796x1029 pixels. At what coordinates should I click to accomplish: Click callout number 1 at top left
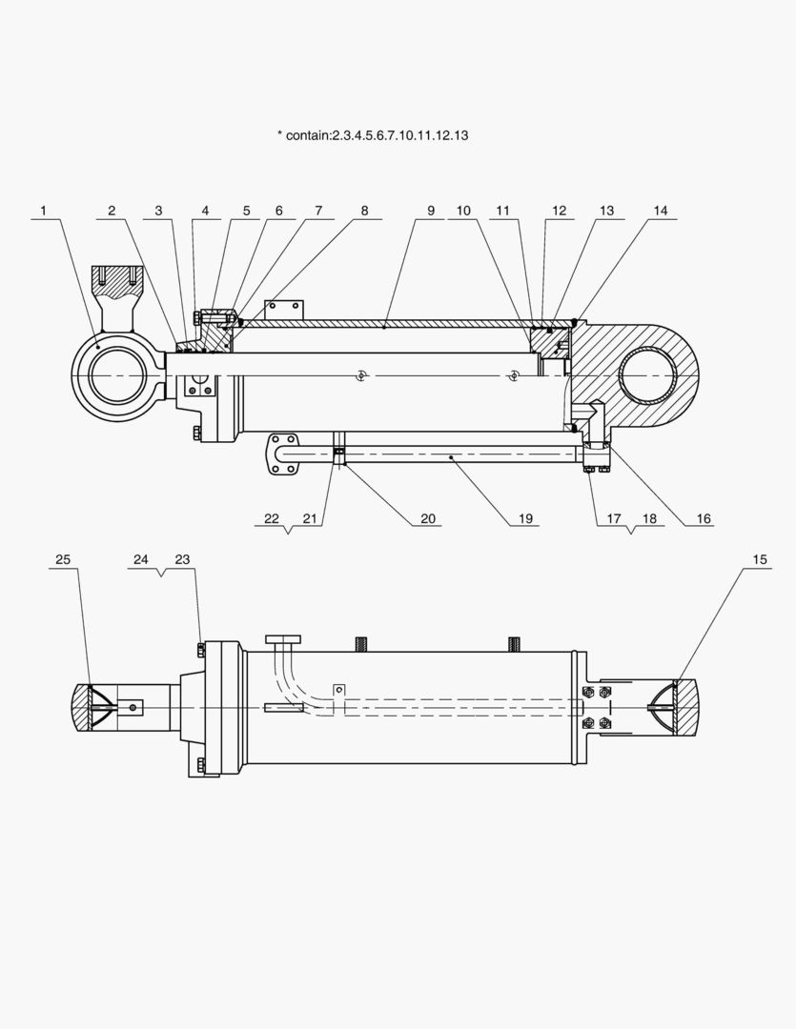coord(43,211)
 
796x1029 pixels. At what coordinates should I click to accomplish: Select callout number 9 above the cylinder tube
coord(430,211)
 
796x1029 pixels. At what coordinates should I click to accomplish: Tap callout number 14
coord(662,211)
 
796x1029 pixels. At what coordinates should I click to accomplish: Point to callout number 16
coord(704,519)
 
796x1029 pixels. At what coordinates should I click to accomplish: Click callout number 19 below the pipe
coord(525,519)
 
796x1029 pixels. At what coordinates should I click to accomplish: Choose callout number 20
coord(428,519)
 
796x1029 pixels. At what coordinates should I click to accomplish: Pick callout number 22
coord(272,519)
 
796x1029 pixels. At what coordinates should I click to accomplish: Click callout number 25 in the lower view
coord(63,560)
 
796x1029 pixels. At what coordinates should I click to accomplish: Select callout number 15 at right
coord(760,560)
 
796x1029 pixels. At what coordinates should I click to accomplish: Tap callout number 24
coord(141,560)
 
